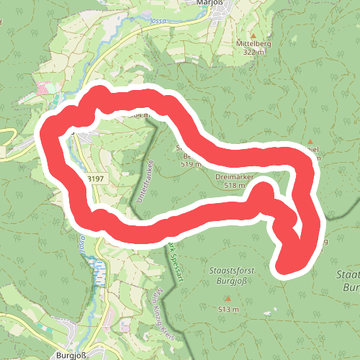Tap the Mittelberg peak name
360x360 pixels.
pyautogui.click(x=253, y=43)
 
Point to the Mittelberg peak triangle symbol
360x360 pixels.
pyautogui.click(x=253, y=34)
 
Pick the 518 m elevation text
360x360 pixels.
pyautogui.click(x=235, y=185)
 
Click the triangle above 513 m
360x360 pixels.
pyautogui.click(x=228, y=298)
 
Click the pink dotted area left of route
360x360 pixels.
pyautogui.click(x=45, y=89)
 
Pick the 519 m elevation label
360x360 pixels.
pyautogui.click(x=189, y=165)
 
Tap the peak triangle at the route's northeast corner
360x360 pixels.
pyautogui.click(x=310, y=142)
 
